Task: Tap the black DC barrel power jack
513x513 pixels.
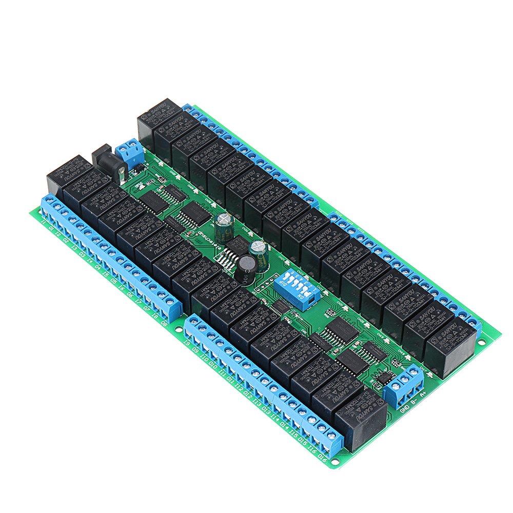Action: (109, 163)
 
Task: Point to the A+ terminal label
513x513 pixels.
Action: (423, 394)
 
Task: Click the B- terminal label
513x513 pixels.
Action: (413, 402)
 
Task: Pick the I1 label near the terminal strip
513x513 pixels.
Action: (43, 222)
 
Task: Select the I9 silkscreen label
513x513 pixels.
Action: (187, 342)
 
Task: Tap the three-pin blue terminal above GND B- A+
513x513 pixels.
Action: (404, 383)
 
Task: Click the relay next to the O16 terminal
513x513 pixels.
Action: (361, 419)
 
